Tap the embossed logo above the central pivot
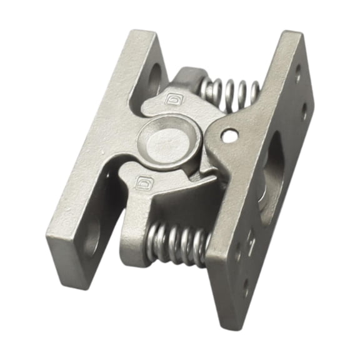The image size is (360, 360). point(171,98)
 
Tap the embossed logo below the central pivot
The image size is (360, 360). point(142,184)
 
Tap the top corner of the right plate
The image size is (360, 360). point(294,34)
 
